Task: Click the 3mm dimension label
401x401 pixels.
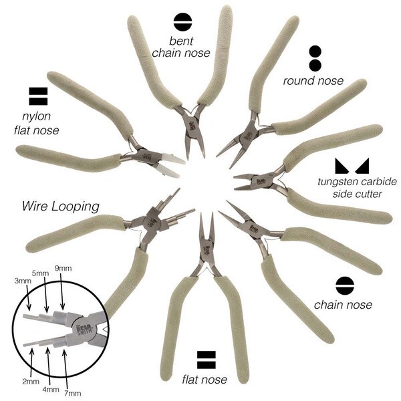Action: pyautogui.click(x=23, y=281)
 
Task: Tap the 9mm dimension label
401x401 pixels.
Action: pyautogui.click(x=63, y=268)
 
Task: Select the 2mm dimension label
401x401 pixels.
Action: pyautogui.click(x=31, y=382)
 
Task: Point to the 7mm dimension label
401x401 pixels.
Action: pyautogui.click(x=73, y=393)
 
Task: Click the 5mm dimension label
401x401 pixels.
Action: pyautogui.click(x=40, y=273)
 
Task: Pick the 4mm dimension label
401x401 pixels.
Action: pyautogui.click(x=51, y=390)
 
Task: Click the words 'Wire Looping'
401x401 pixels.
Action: pyautogui.click(x=61, y=207)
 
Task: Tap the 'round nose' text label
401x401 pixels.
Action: pyautogui.click(x=313, y=81)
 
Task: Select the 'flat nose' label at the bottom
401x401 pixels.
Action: pyautogui.click(x=205, y=380)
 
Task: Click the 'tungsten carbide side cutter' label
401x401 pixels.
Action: pyautogui.click(x=358, y=188)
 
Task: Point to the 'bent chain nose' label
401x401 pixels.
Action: pyautogui.click(x=181, y=47)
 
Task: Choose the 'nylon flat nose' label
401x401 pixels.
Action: pyautogui.click(x=37, y=124)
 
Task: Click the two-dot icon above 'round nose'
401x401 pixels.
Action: pyautogui.click(x=315, y=59)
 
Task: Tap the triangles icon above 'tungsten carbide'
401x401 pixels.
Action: pyautogui.click(x=352, y=166)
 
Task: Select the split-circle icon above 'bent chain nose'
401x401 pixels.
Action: pyautogui.click(x=182, y=22)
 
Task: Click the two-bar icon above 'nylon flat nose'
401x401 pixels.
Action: pyautogui.click(x=38, y=96)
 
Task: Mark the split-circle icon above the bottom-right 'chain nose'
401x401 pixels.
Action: pyautogui.click(x=345, y=285)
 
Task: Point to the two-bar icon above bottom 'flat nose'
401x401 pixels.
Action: pyautogui.click(x=206, y=360)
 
